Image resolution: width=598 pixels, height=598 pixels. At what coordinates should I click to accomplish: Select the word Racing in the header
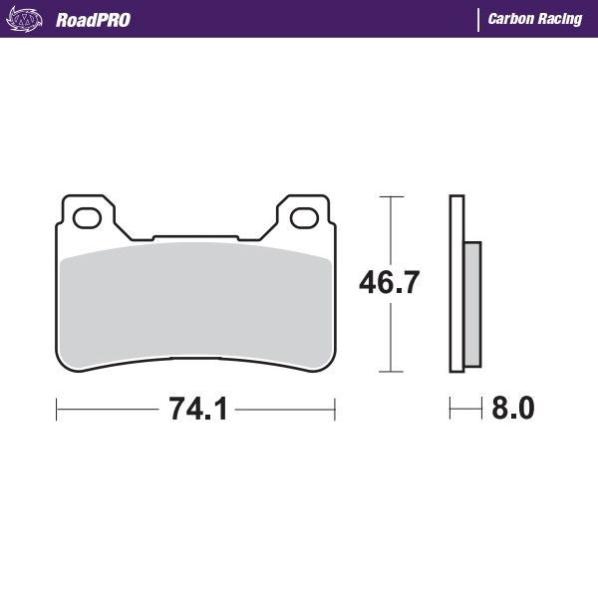[x=561, y=19]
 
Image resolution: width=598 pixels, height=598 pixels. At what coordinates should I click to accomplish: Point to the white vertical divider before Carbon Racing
[x=478, y=19]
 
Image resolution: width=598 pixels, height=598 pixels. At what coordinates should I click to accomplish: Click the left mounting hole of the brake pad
[x=86, y=214]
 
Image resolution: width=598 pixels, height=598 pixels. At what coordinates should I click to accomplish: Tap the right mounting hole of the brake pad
[x=304, y=214]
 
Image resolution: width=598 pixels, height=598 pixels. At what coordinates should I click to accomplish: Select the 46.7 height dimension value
[x=390, y=283]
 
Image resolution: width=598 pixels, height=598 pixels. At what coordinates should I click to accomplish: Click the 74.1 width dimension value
[x=197, y=409]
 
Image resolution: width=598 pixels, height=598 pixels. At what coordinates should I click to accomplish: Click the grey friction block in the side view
[x=472, y=303]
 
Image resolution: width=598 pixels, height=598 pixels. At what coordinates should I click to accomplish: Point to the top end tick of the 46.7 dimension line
[x=390, y=197]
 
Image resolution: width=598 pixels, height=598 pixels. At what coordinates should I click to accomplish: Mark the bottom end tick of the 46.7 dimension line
[x=390, y=372]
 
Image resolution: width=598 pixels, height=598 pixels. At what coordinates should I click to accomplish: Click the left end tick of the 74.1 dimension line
[x=57, y=409]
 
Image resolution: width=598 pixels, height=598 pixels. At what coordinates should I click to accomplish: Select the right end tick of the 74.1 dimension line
[x=335, y=409]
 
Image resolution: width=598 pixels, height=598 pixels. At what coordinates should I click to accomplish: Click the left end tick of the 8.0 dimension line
[x=450, y=409]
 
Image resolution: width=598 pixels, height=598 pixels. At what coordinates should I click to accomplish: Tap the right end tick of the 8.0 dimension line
[x=481, y=409]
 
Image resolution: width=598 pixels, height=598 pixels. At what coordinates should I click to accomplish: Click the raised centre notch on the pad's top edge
[x=195, y=239]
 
